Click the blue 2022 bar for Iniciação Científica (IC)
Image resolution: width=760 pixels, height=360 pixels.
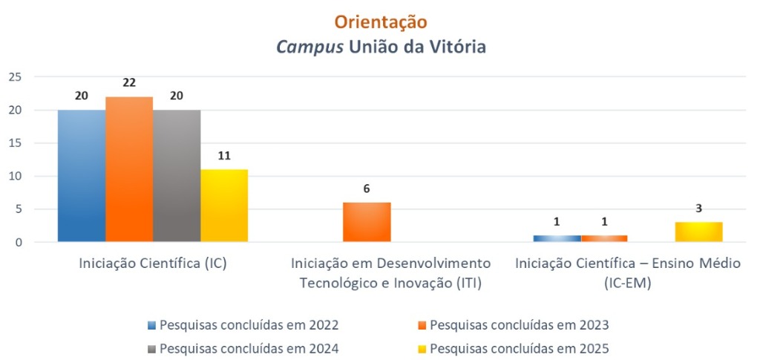(82, 176)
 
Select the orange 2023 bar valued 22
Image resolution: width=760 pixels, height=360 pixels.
(129, 169)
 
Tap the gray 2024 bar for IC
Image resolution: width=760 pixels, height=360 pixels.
(177, 176)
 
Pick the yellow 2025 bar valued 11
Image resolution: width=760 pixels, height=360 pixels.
(224, 206)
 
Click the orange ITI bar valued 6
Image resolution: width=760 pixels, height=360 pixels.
(367, 222)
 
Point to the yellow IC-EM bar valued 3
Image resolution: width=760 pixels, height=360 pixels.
(699, 232)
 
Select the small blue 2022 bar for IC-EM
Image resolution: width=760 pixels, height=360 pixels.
(557, 238)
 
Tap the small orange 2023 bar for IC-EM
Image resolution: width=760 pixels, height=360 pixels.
(604, 238)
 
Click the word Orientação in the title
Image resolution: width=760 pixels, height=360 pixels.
(380, 22)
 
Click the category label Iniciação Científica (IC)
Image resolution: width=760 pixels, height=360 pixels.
(152, 264)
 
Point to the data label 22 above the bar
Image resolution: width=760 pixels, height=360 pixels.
(129, 82)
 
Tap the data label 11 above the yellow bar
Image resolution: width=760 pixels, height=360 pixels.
(224, 155)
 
